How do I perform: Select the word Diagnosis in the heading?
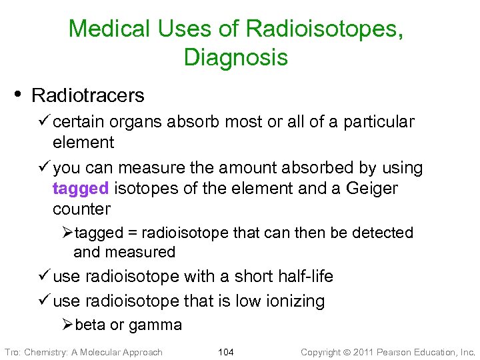[x=236, y=57]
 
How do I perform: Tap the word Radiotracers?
[x=87, y=95]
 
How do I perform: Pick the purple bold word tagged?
[x=81, y=188]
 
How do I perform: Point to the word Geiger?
[x=372, y=188]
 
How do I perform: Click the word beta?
[x=90, y=325]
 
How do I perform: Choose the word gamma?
[x=155, y=326]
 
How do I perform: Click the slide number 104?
[x=226, y=352]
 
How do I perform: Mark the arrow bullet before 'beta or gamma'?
[x=67, y=325]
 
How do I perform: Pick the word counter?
[x=81, y=209]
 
